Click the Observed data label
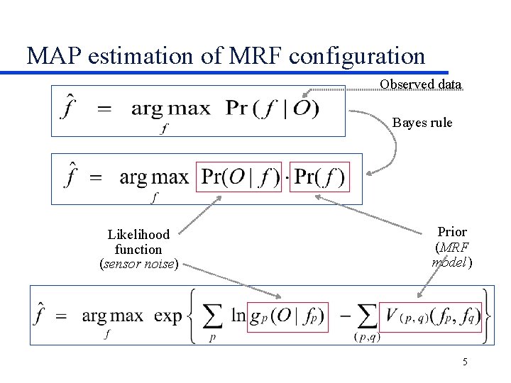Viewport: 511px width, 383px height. point(420,84)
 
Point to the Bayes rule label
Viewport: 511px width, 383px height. point(422,123)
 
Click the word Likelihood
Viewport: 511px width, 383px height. point(138,235)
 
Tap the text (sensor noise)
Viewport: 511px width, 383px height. point(138,265)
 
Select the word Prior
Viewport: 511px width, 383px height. point(452,232)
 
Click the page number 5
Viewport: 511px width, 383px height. point(465,362)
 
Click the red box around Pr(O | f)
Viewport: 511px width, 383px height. point(241,177)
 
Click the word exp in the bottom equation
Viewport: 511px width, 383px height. point(167,317)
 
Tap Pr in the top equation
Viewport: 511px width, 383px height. point(236,109)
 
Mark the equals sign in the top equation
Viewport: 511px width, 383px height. point(104,109)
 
